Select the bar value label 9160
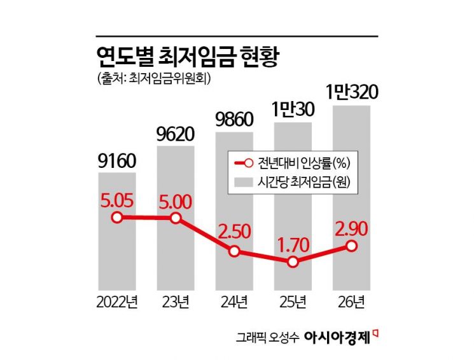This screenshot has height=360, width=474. pyautogui.click(x=116, y=162)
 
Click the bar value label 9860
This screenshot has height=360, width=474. pyautogui.click(x=234, y=120)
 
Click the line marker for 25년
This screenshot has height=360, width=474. pyautogui.click(x=293, y=261)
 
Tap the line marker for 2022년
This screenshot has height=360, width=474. pyautogui.click(x=116, y=218)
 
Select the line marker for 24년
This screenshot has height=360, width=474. pyautogui.click(x=234, y=251)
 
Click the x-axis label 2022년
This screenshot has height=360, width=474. pyautogui.click(x=116, y=301)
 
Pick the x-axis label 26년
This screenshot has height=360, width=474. pyautogui.click(x=351, y=301)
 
